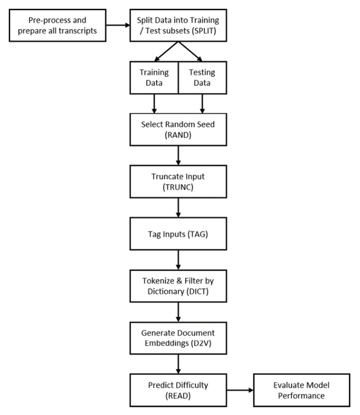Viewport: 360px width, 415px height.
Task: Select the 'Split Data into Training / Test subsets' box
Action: (x=177, y=25)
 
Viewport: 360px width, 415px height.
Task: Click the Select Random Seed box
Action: (x=177, y=130)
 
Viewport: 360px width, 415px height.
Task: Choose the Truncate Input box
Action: (x=177, y=182)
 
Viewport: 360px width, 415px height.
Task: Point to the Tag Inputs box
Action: (x=177, y=233)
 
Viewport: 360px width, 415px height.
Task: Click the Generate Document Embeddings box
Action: (x=177, y=337)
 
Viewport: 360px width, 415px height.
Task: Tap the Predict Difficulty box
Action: (x=177, y=390)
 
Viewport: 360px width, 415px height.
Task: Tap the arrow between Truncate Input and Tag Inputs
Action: (x=177, y=207)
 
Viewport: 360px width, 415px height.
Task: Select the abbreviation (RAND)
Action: (x=177, y=136)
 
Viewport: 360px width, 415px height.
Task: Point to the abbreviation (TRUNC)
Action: (x=177, y=188)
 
